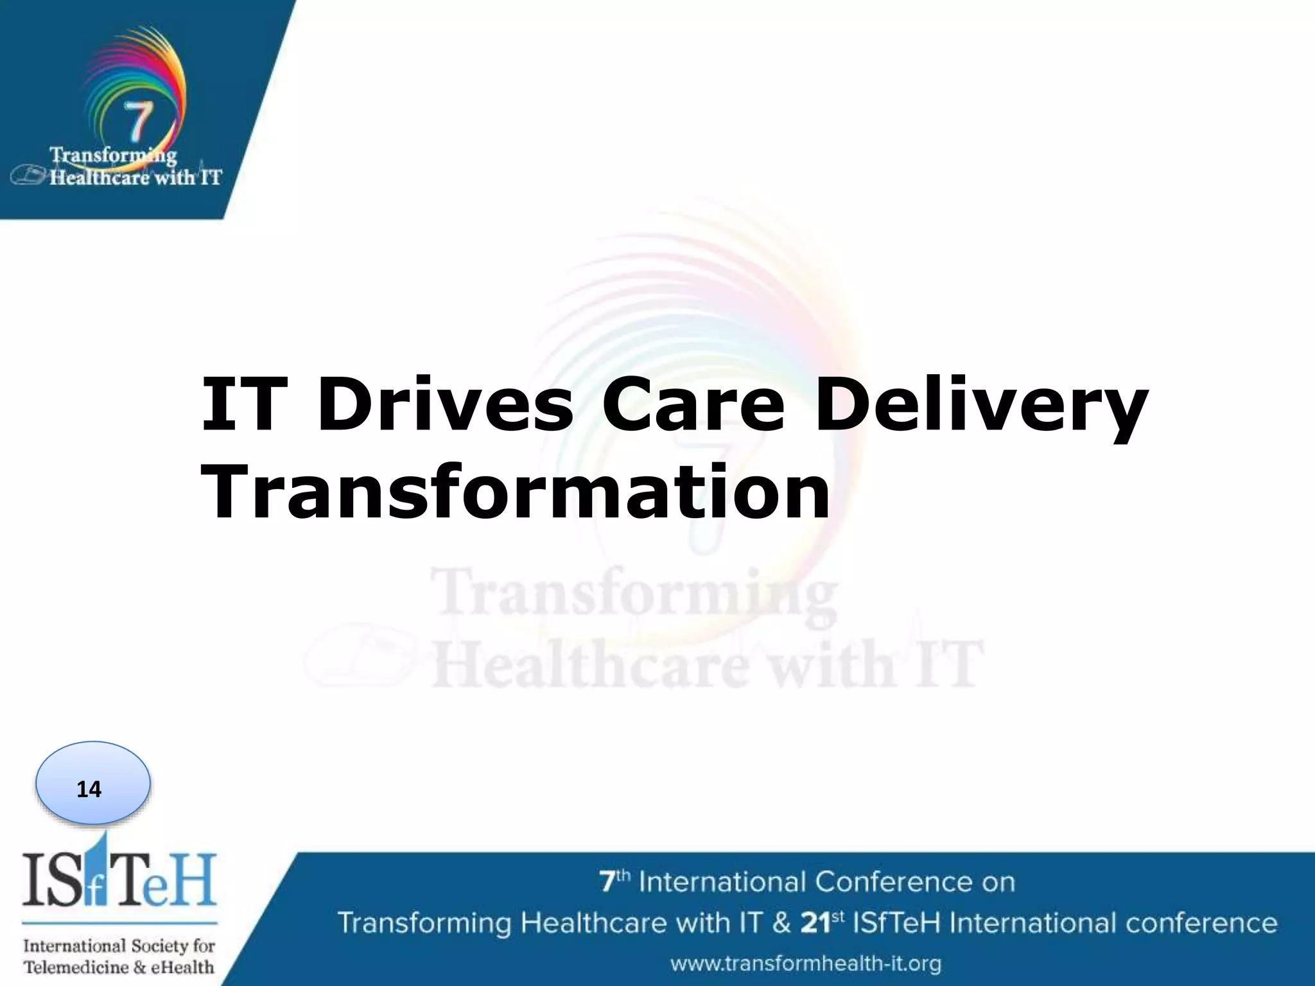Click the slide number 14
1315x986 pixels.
[89, 789]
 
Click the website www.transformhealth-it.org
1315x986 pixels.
[806, 963]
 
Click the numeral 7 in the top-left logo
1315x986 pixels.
[137, 121]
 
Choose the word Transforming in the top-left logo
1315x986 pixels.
[114, 155]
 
